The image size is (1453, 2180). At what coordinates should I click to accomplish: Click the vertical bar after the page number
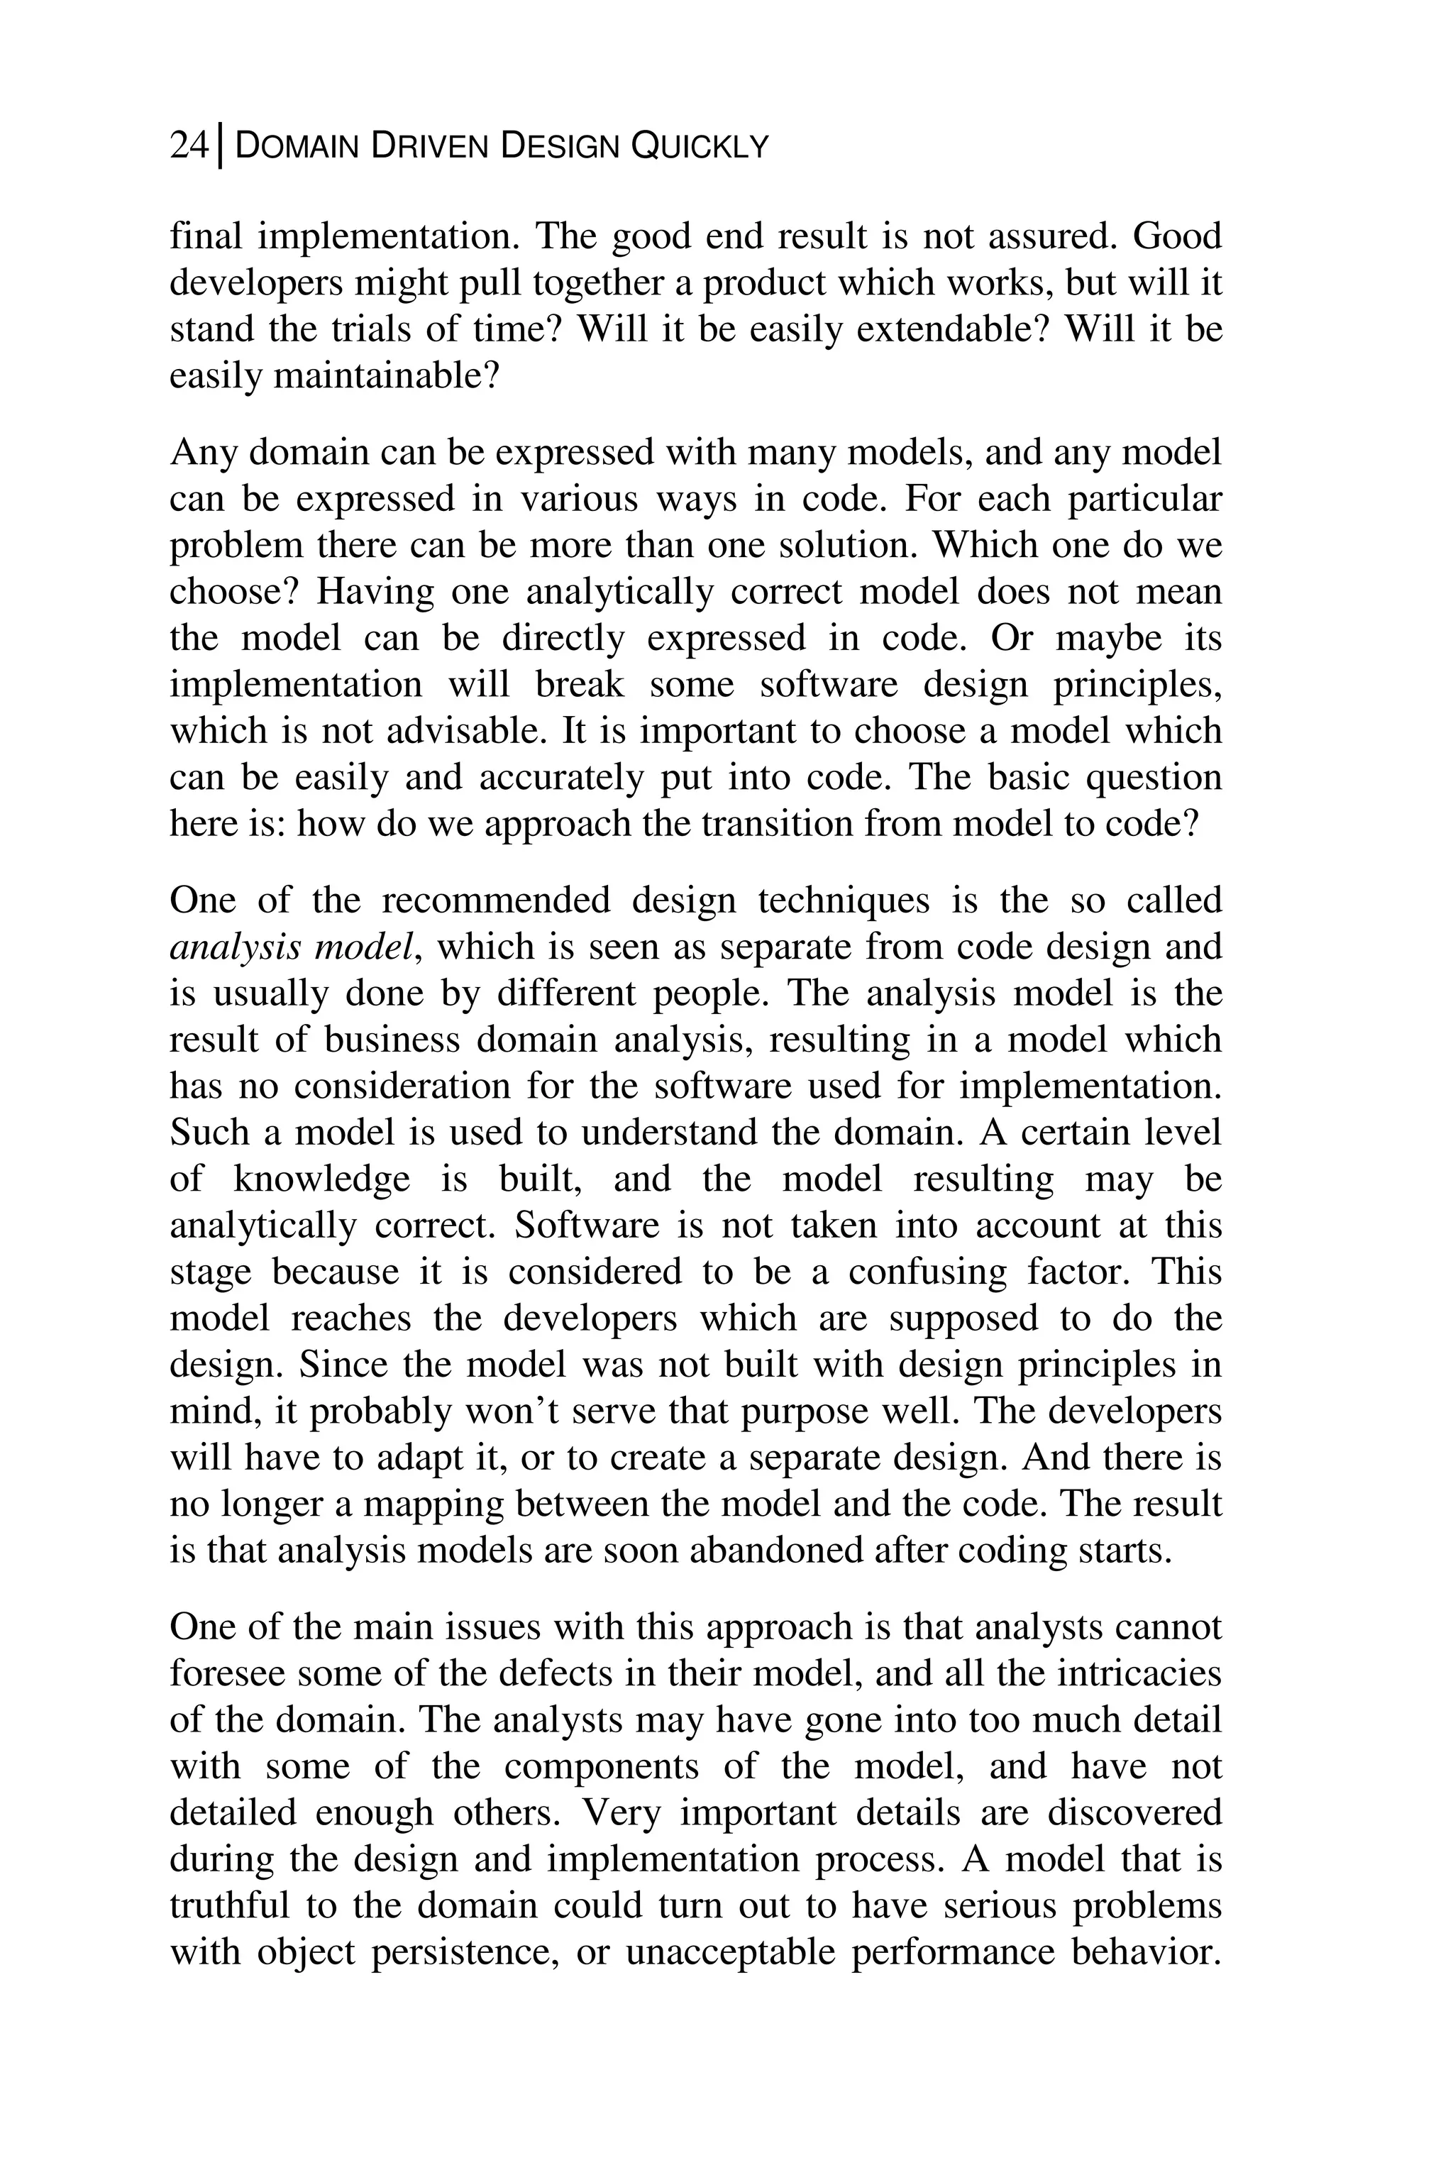pyautogui.click(x=220, y=146)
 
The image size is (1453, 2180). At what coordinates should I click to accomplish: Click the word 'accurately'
pyautogui.click(x=560, y=778)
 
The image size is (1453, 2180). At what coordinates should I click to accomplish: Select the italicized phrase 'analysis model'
pyautogui.click(x=293, y=947)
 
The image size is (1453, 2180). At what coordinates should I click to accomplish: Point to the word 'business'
pyautogui.click(x=391, y=1040)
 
